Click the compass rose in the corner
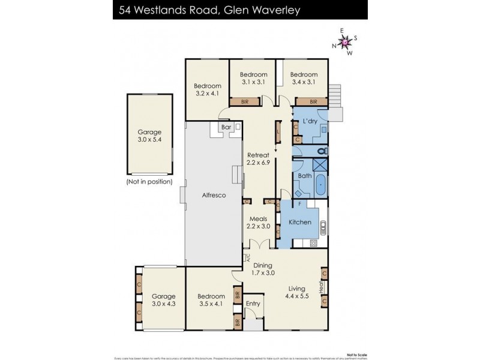(345, 42)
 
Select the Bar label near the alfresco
(226, 127)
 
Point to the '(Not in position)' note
(149, 181)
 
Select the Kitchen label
(300, 222)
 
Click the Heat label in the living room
(322, 287)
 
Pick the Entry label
(253, 304)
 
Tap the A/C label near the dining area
(247, 257)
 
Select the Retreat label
(259, 155)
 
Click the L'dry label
(310, 122)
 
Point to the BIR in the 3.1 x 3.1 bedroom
(245, 102)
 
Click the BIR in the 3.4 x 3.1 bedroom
(313, 102)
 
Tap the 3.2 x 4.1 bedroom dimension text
(207, 93)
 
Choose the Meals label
(259, 218)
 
